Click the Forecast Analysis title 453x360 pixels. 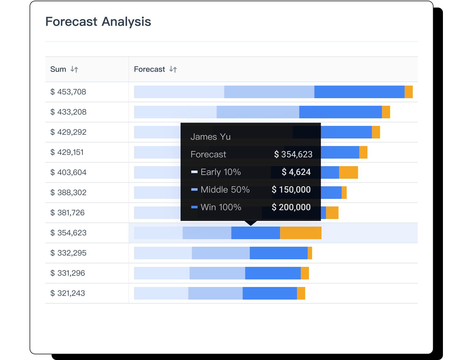(x=98, y=22)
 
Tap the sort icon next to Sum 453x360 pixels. (x=74, y=69)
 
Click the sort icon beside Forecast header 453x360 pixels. (x=173, y=69)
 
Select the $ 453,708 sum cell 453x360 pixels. (x=68, y=92)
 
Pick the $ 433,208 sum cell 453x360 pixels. (x=68, y=112)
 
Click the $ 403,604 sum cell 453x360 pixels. (x=68, y=172)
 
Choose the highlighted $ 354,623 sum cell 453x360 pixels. (x=68, y=233)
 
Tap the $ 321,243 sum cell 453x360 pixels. (x=68, y=293)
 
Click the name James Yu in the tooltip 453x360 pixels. (x=210, y=137)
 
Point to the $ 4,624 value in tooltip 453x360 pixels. (x=296, y=172)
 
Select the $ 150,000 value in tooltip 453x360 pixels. (x=291, y=190)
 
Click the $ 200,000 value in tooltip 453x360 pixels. (x=291, y=207)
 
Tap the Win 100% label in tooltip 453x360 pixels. (x=221, y=207)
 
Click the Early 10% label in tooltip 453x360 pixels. (x=221, y=172)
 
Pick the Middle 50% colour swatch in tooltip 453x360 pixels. (x=194, y=190)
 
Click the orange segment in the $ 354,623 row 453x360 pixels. (x=300, y=233)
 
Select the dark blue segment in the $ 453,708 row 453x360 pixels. (x=359, y=92)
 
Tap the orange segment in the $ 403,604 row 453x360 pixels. (x=348, y=172)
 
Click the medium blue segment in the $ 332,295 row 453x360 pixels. (x=221, y=253)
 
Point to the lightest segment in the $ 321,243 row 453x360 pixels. (x=161, y=293)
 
